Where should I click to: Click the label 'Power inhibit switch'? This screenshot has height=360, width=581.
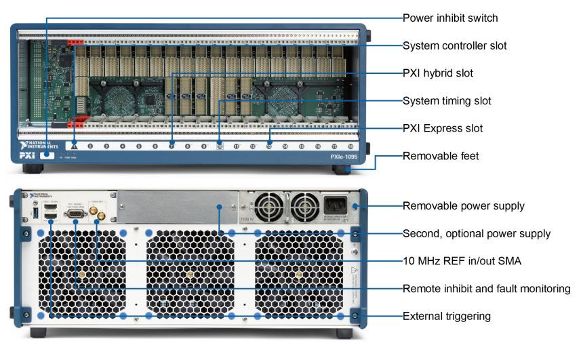(x=450, y=18)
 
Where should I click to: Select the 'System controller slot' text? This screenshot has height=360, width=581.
(x=455, y=46)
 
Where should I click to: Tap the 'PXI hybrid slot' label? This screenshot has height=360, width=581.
(x=438, y=73)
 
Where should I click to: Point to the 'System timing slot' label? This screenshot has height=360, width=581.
(x=447, y=101)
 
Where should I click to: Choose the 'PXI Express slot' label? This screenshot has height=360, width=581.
(x=443, y=128)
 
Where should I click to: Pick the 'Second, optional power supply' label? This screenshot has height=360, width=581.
(x=476, y=233)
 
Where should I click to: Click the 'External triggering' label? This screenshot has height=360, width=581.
(x=446, y=316)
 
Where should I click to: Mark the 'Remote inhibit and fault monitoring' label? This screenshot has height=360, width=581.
(x=486, y=289)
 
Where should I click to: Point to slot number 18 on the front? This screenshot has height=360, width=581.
(x=350, y=146)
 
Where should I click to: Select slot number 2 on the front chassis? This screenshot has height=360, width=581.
(x=90, y=146)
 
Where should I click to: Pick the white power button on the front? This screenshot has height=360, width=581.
(x=47, y=155)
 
